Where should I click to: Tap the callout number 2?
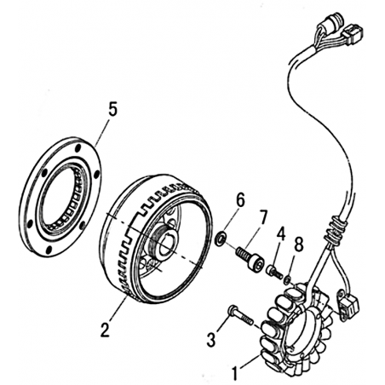click(105, 330)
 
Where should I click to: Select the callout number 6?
click(240, 200)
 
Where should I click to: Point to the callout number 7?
click(262, 218)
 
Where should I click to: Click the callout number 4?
click(281, 233)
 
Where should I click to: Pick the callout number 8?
click(299, 244)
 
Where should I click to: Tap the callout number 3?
click(211, 340)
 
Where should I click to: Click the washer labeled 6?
click(221, 238)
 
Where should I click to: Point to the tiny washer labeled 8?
click(287, 280)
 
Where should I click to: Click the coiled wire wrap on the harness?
click(336, 231)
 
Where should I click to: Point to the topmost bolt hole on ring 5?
click(78, 148)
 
